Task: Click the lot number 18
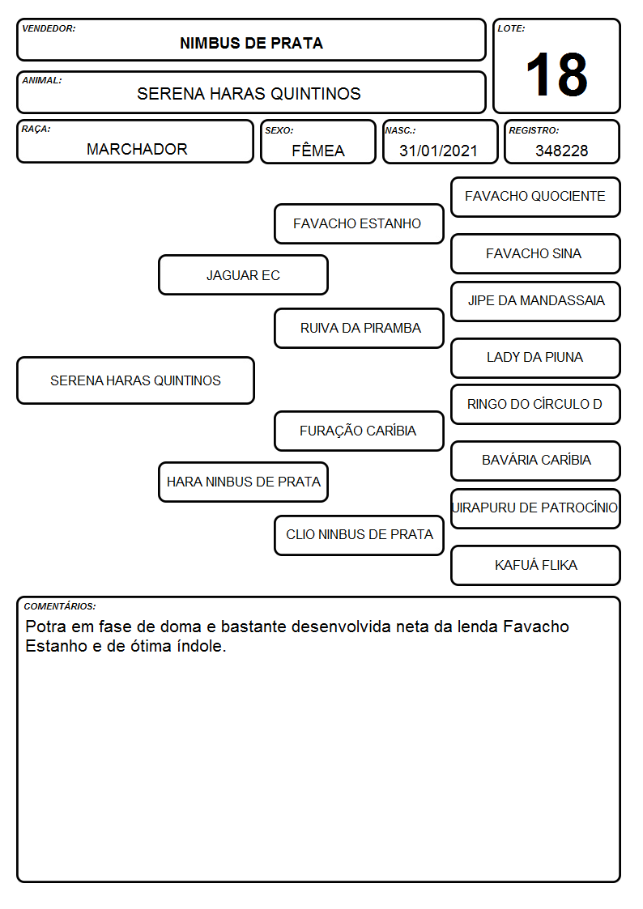[x=556, y=74]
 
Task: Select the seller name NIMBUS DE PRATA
[x=251, y=44]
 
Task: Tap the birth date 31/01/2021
[x=438, y=151]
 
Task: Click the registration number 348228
[x=561, y=151]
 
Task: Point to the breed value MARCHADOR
[x=137, y=149]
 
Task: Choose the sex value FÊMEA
[x=318, y=150]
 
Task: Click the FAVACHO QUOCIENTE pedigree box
[x=535, y=198]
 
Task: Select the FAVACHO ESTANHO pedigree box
[x=359, y=223]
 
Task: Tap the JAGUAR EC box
[x=243, y=274]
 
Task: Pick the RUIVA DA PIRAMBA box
[x=359, y=328]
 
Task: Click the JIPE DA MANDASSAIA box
[x=535, y=301]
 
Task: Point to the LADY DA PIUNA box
[x=535, y=358]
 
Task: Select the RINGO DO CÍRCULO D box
[x=535, y=404]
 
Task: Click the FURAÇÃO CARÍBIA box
[x=359, y=431]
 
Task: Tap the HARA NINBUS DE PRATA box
[x=243, y=482]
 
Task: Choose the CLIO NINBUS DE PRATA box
[x=359, y=535]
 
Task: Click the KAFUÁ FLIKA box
[x=535, y=565]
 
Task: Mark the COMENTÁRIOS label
[x=60, y=606]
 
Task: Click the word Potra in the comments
[x=46, y=627]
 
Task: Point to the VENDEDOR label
[x=49, y=28]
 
